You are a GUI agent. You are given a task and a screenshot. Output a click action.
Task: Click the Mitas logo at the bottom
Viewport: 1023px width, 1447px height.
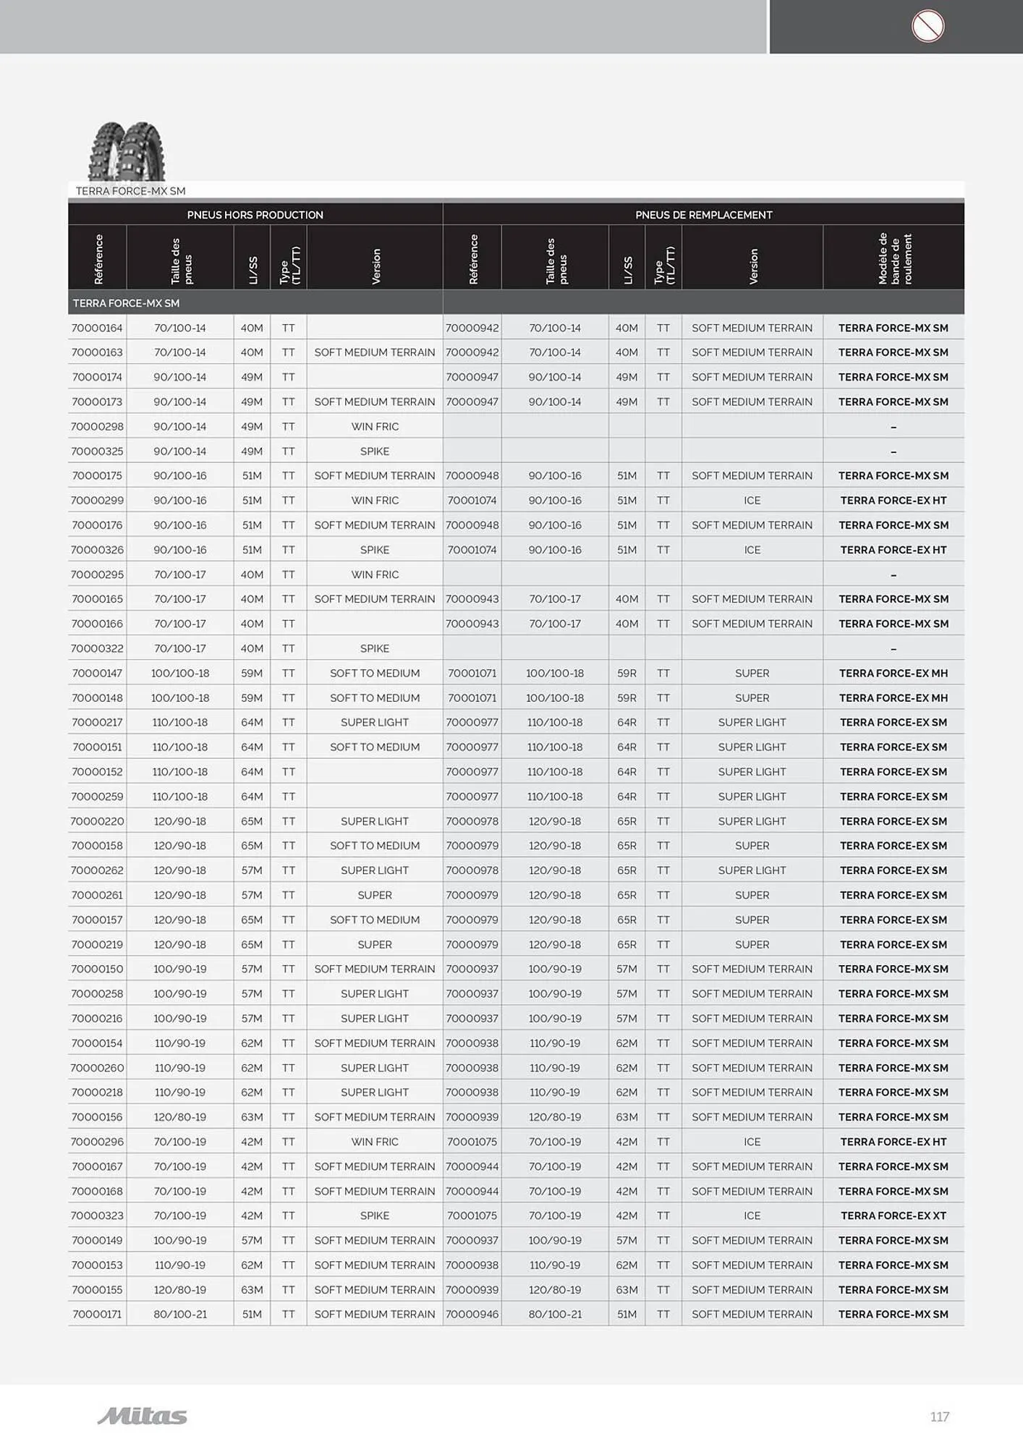coord(142,1416)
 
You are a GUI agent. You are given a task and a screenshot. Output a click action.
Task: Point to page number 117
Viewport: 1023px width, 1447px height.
coord(939,1417)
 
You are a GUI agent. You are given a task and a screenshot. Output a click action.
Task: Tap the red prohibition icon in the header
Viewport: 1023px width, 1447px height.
coord(927,26)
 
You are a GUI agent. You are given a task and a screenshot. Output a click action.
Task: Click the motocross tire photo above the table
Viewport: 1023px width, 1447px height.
coord(127,151)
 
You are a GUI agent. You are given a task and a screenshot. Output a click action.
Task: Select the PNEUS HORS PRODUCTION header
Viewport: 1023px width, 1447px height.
coord(255,215)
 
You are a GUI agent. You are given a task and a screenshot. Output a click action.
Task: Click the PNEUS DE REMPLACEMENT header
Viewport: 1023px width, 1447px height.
coord(703,215)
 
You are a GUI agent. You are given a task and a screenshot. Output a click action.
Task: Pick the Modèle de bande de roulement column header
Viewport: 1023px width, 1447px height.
coord(893,258)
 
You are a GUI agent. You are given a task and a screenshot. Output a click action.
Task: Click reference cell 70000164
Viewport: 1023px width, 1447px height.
coord(97,328)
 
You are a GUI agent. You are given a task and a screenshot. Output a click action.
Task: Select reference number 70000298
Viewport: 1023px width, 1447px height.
coord(97,427)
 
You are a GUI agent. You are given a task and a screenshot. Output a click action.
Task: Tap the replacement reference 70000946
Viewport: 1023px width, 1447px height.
coord(472,1314)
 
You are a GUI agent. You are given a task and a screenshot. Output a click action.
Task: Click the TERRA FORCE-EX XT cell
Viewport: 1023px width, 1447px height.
coord(893,1215)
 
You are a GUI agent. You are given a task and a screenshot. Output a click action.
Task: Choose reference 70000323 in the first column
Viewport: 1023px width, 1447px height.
coord(97,1215)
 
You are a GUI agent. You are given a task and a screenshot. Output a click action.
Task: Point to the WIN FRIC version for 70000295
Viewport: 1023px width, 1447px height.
coord(374,574)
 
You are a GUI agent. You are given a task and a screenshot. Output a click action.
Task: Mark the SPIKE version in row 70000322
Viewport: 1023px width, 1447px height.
coord(374,648)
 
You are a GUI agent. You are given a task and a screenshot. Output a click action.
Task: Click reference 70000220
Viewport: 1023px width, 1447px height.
coord(97,821)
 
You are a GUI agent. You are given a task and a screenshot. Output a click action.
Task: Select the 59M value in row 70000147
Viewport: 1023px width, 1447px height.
coord(252,673)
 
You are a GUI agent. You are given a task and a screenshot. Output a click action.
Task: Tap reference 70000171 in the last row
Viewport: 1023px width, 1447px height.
coord(97,1314)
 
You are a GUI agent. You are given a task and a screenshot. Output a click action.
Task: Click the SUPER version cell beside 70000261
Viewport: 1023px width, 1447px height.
coord(374,895)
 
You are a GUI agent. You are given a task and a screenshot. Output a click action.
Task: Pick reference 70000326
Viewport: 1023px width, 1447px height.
coord(97,550)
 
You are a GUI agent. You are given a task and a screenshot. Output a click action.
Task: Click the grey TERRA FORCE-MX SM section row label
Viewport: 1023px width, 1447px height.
coord(126,303)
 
